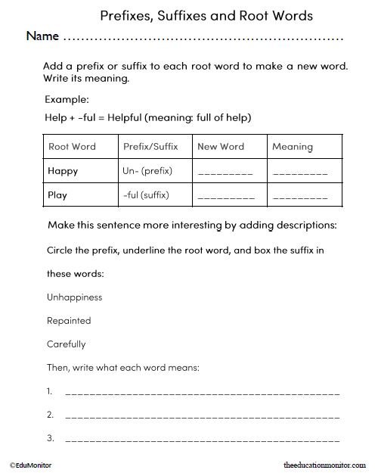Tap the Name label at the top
[x=42, y=36]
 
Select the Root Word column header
[x=72, y=146]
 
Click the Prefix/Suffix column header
[x=150, y=146]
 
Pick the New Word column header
[x=221, y=146]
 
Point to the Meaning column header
[x=292, y=146]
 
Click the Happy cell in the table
[x=63, y=171]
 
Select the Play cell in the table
[x=57, y=195]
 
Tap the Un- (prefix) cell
[x=147, y=171]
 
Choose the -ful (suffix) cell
[x=145, y=195]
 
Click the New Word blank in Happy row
[x=225, y=173]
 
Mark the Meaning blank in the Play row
[x=300, y=198]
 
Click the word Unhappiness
[x=74, y=297]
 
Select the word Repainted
[x=69, y=321]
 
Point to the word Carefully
[x=67, y=344]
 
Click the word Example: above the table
[x=67, y=99]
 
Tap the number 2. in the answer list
[x=50, y=415]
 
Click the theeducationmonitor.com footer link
[x=323, y=464]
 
